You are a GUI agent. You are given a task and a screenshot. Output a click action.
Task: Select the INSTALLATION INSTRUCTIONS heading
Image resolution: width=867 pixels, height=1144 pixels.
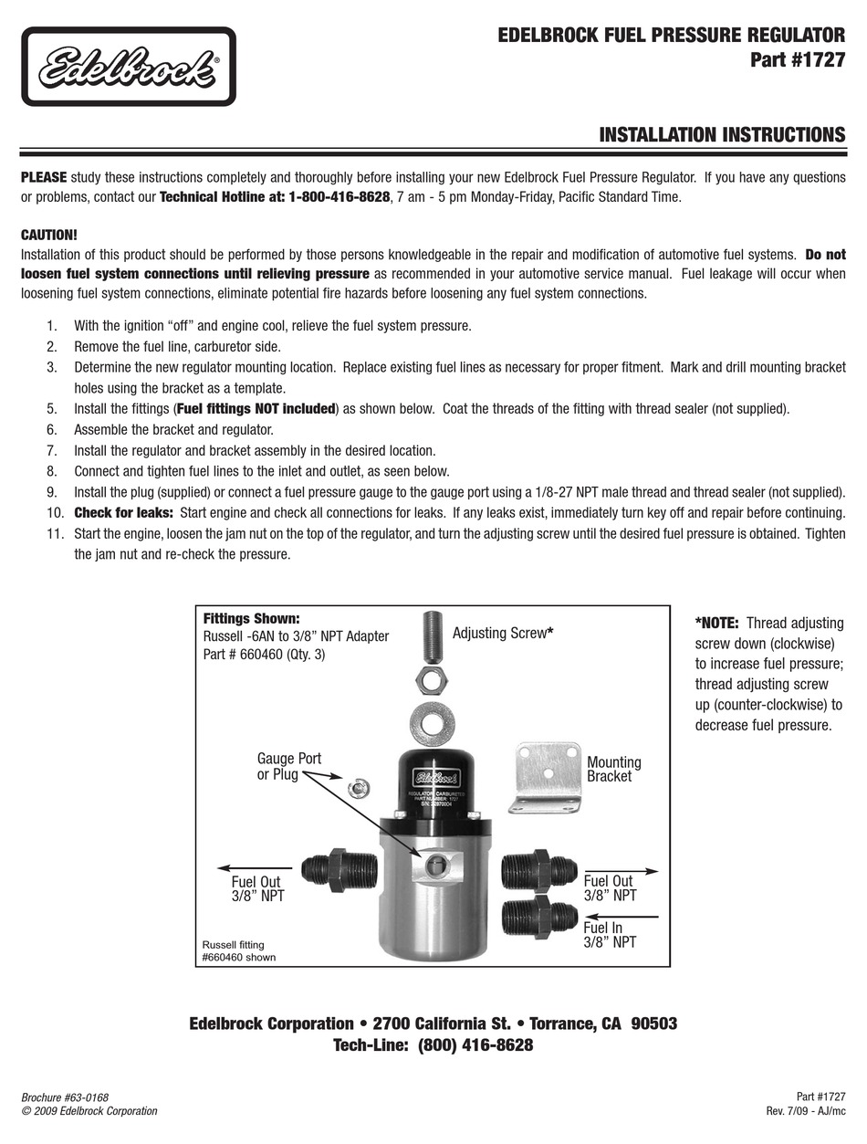(x=721, y=135)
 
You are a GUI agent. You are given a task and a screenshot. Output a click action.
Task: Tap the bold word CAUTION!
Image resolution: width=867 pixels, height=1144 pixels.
(x=48, y=235)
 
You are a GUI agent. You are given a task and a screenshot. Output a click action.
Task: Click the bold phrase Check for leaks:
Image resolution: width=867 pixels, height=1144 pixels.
(x=123, y=512)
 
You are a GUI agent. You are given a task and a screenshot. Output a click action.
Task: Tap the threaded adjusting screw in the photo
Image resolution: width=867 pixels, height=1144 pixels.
(x=433, y=637)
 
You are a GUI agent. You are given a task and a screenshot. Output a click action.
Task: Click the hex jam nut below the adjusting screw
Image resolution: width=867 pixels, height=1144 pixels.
(x=431, y=679)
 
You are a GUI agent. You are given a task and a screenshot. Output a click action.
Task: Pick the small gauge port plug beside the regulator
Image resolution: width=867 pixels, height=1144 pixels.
(x=359, y=784)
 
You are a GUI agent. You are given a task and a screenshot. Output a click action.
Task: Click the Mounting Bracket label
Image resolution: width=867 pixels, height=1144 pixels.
(x=613, y=769)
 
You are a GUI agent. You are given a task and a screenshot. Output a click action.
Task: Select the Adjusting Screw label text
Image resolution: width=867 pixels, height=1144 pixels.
(x=503, y=633)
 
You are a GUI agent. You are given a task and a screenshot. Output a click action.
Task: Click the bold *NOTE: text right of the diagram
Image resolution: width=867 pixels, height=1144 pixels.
(x=717, y=623)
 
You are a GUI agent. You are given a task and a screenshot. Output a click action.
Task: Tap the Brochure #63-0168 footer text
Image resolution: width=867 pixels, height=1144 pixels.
(x=70, y=1097)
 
